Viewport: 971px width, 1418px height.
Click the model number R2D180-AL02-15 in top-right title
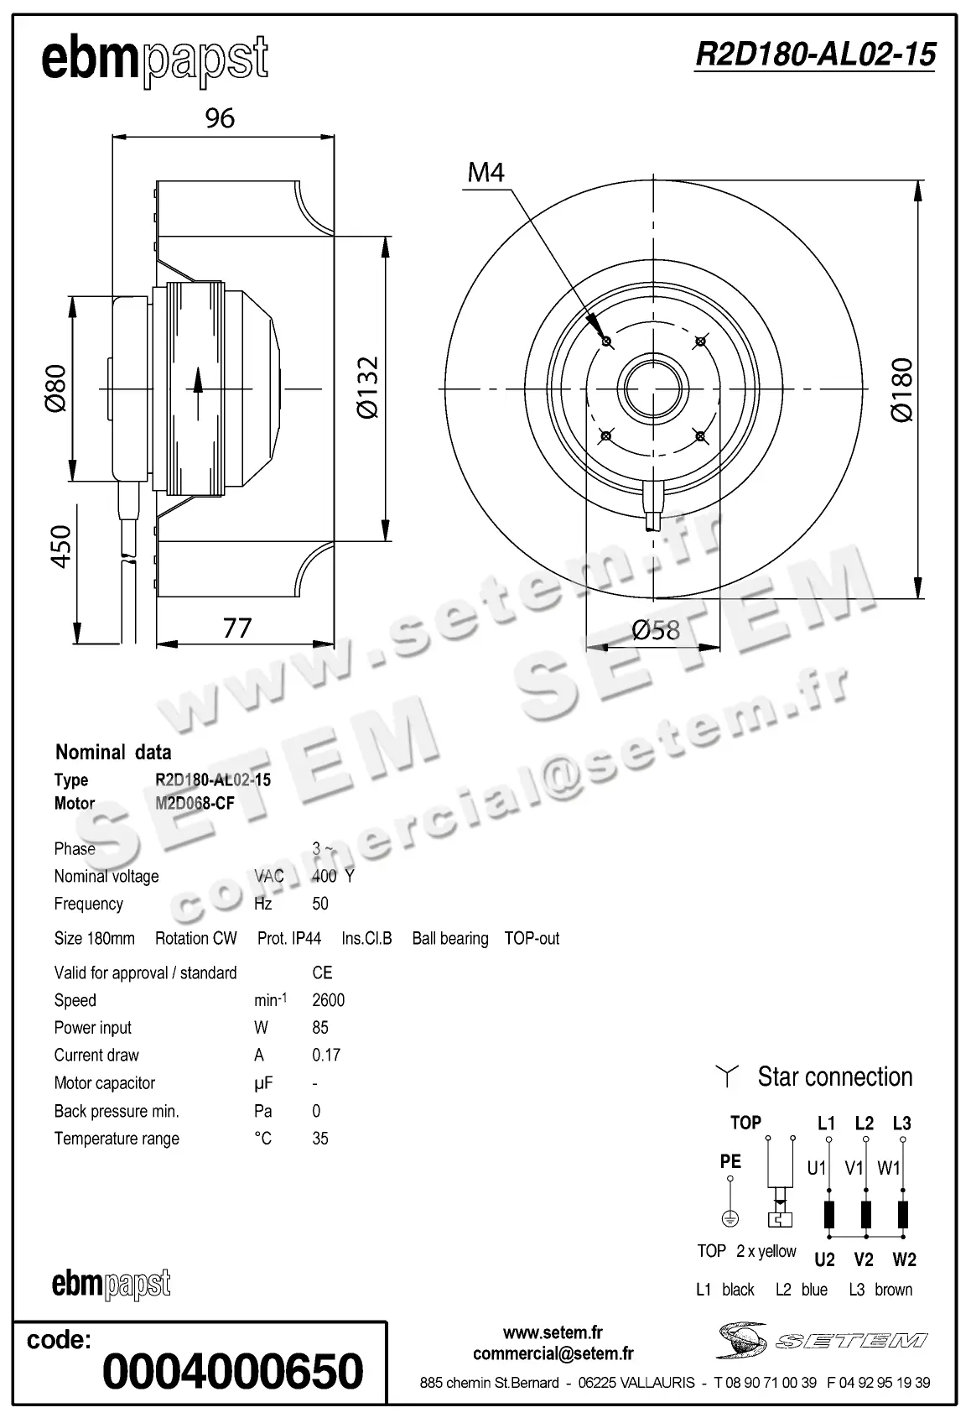point(815,55)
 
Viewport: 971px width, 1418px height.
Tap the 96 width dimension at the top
point(221,118)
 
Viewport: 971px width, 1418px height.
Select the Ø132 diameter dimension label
point(367,388)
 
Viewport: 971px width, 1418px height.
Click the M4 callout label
point(486,173)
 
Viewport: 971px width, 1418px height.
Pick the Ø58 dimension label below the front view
point(656,629)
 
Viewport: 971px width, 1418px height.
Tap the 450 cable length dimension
point(61,547)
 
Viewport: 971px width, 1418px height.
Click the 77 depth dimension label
point(237,628)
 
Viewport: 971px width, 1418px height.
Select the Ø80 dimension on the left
point(55,388)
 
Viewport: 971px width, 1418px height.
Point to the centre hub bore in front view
point(652,388)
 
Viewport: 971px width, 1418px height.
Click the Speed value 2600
point(328,1000)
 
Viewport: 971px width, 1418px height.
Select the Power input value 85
point(320,1028)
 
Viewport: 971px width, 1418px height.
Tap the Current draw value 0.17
point(326,1056)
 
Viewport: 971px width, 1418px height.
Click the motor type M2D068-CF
point(195,803)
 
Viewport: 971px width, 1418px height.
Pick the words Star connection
point(834,1077)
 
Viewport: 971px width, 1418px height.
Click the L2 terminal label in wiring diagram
point(864,1123)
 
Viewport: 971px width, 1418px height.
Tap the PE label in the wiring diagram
point(730,1162)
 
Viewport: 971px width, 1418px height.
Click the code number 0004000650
point(233,1371)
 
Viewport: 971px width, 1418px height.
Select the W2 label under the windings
point(904,1259)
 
